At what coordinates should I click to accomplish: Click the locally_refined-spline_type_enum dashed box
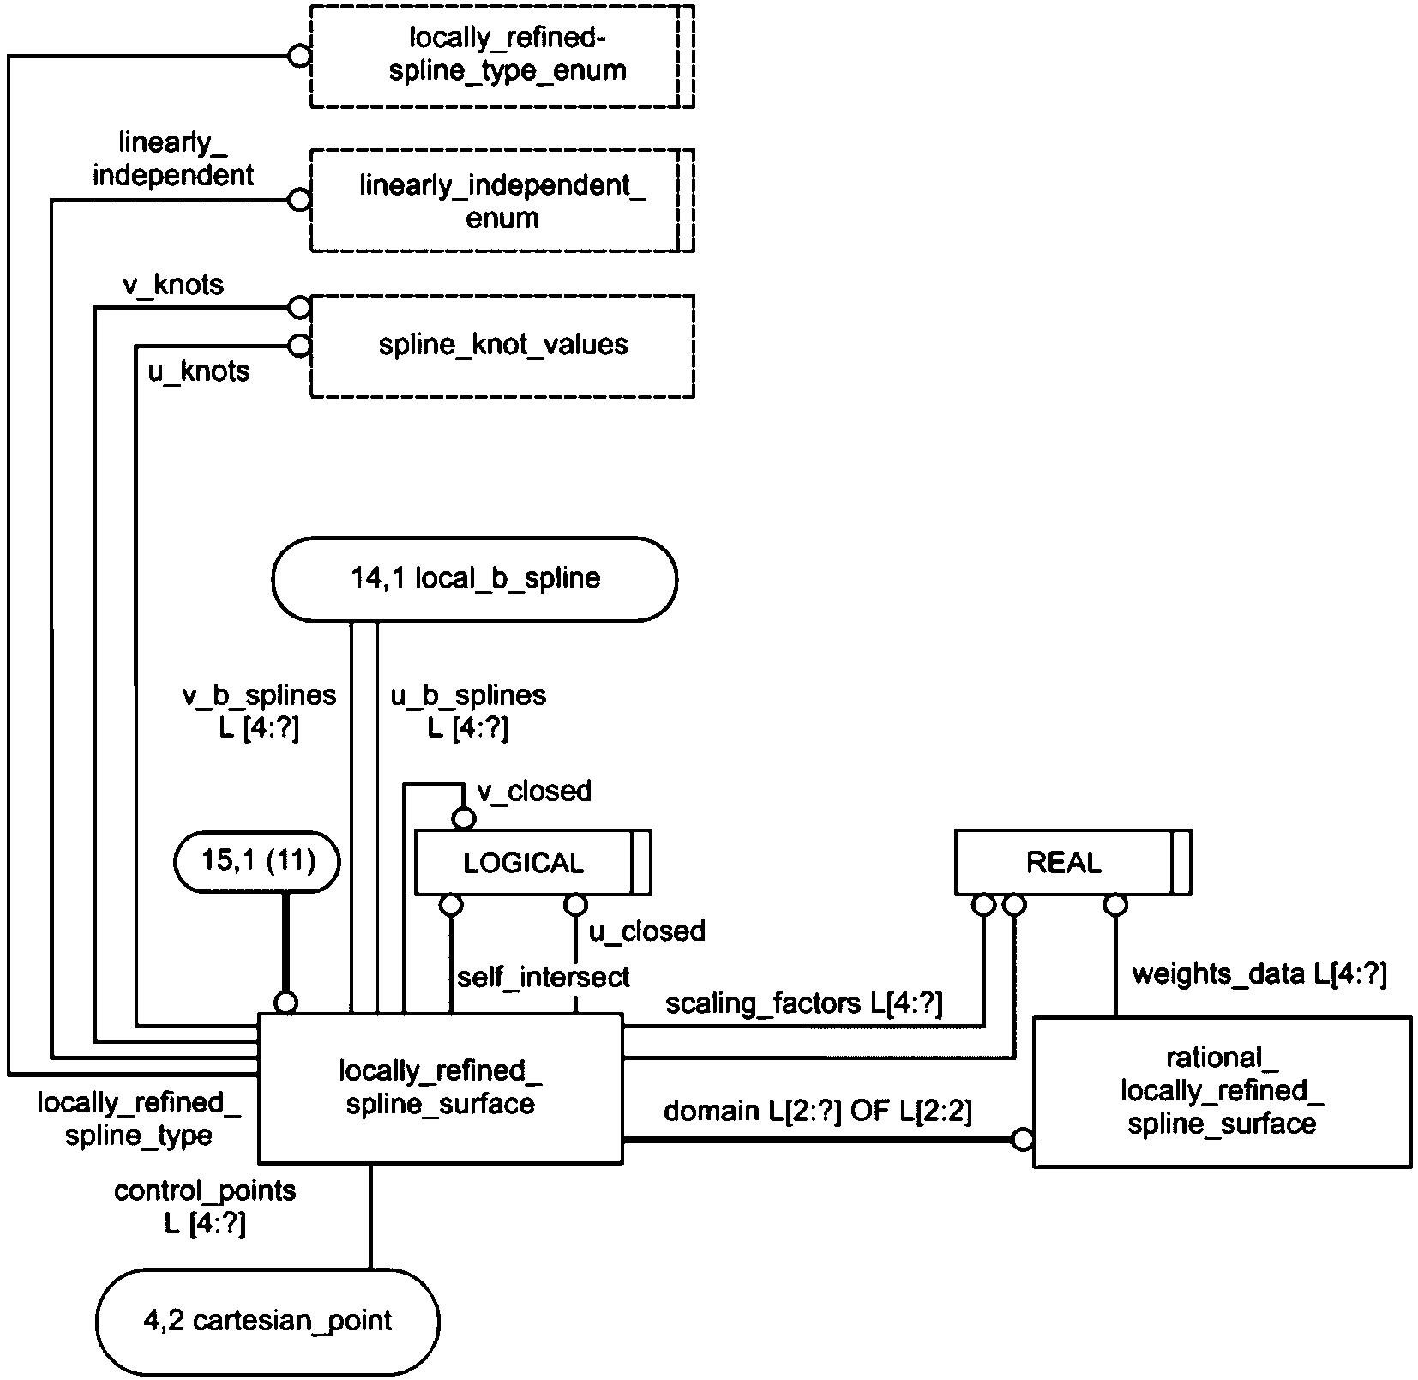point(502,56)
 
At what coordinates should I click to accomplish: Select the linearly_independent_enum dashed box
point(502,201)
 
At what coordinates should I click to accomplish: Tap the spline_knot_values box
point(502,345)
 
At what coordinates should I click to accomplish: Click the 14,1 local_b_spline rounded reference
point(474,579)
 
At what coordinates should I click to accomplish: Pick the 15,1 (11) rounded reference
point(257,861)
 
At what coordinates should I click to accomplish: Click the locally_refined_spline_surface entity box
point(441,1088)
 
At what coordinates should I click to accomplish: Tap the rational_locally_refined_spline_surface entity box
point(1222,1091)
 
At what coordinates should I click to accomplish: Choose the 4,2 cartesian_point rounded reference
point(267,1320)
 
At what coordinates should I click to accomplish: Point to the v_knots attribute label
point(174,286)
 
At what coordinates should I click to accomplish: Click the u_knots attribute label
point(200,371)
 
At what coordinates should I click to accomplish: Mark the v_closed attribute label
point(534,791)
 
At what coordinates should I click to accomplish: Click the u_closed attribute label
point(647,931)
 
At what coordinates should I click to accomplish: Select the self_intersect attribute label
point(543,977)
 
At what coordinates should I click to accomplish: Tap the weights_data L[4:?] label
point(1259,975)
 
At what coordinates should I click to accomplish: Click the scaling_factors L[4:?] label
point(803,1004)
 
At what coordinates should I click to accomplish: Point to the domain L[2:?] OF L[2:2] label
point(817,1112)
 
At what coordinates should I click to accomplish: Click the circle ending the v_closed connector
point(463,819)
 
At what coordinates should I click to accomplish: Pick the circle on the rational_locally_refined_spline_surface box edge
point(1023,1140)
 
